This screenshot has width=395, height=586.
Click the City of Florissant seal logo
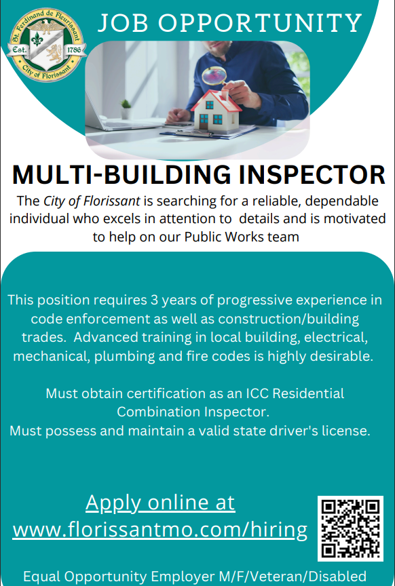[x=47, y=45]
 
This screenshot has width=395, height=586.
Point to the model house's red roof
[x=216, y=100]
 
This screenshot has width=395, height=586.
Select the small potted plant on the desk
[x=126, y=109]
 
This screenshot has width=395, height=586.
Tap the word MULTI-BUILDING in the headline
[x=122, y=175]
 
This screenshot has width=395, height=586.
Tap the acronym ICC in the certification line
[x=258, y=393]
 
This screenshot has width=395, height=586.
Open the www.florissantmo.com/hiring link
[x=159, y=530]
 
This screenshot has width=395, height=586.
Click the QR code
[x=350, y=528]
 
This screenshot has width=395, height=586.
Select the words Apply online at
[x=160, y=503]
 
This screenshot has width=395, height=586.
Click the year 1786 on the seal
[x=75, y=50]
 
